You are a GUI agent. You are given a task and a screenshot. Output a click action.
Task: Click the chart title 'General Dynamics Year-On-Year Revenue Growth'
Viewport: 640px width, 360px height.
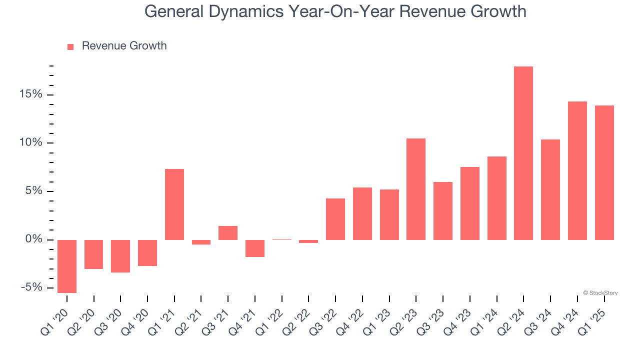[335, 11]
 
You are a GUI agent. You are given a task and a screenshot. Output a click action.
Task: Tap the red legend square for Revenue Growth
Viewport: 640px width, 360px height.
[70, 46]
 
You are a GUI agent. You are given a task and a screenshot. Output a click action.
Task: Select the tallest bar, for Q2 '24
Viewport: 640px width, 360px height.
[523, 153]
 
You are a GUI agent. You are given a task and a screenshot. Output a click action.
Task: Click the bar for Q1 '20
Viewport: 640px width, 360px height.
[67, 266]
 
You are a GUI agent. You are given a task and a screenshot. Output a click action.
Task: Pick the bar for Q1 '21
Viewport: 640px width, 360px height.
[174, 204]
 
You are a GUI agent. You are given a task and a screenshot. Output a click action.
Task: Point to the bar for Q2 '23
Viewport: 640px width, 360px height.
[416, 189]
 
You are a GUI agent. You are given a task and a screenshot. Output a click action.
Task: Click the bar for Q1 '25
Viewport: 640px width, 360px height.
[604, 172]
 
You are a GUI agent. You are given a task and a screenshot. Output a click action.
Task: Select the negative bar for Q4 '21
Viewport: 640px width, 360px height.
[255, 248]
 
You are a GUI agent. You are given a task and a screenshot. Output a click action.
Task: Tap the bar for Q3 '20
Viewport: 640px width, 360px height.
[120, 256]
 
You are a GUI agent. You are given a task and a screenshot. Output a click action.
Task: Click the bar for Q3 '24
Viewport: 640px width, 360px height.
[550, 189]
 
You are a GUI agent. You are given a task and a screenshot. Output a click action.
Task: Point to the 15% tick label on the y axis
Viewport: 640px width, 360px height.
[31, 94]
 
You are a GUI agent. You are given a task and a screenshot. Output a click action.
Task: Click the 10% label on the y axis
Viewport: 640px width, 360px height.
[31, 143]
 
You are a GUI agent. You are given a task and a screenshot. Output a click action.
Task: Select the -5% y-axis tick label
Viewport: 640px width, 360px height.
[31, 287]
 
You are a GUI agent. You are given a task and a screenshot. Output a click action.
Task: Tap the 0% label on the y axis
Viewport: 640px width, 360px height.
[33, 239]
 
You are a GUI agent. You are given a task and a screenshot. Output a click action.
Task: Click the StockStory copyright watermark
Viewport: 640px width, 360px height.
[600, 293]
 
